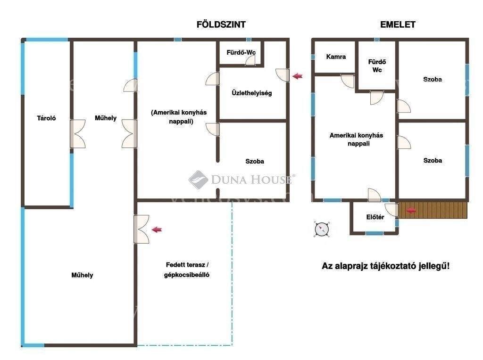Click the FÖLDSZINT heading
pos(221,25)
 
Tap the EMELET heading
pos(398,25)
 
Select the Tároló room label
pos(46,118)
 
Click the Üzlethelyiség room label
pos(252,93)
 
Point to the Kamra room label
pos(336,57)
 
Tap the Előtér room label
pos(375,217)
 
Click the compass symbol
pos(322,229)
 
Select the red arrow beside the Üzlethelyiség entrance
pos(297,76)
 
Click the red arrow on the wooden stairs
pos(411,211)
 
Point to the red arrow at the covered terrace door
pos(157,229)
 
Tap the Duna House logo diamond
pos(198,180)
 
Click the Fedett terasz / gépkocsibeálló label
pos(187,270)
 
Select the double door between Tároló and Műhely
pos(78,134)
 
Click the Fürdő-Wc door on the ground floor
pos(250,61)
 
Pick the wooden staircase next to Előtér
pos(433,210)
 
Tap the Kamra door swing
pos(348,81)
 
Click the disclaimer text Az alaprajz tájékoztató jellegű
pos(385,266)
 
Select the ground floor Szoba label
pos(254,161)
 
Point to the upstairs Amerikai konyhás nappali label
pos(357,139)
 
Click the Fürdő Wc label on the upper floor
pos(377,66)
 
